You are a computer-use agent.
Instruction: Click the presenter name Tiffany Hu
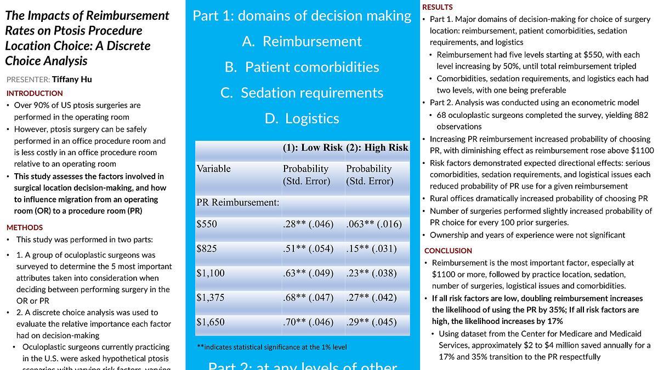click(72, 79)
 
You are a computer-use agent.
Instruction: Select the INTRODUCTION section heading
click(35, 93)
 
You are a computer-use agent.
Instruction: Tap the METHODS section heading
click(25, 227)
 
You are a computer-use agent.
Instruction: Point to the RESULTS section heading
click(438, 7)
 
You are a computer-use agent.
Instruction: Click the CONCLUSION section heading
click(448, 251)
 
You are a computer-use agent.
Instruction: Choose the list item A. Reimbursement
click(302, 42)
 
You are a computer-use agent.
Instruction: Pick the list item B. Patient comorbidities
click(302, 67)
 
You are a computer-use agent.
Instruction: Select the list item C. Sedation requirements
click(302, 93)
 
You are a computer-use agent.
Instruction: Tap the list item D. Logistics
click(302, 118)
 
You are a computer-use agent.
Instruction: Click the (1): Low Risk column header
click(313, 147)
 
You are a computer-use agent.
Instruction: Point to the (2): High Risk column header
click(377, 147)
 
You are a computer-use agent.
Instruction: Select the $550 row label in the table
click(207, 224)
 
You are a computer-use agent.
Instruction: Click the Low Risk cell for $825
click(308, 248)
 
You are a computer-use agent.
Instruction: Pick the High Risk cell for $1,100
click(371, 273)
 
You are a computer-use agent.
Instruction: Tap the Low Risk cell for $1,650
click(308, 322)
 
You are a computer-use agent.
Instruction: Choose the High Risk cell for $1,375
click(371, 298)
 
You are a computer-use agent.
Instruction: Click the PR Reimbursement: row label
click(238, 202)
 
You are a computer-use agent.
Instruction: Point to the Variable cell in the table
click(214, 169)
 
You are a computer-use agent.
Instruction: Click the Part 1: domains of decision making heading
click(302, 16)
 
